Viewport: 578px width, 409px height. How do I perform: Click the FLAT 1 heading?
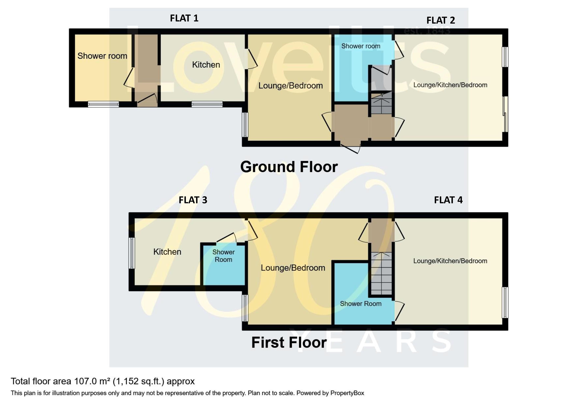point(184,18)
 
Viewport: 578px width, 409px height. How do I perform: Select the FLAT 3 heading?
point(193,200)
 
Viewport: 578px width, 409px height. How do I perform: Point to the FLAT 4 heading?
point(448,200)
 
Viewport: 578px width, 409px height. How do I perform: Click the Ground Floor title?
point(289,167)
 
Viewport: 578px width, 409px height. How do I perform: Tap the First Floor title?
point(289,343)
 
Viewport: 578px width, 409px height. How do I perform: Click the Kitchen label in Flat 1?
point(206,65)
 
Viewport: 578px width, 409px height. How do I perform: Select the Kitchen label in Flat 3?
point(167,252)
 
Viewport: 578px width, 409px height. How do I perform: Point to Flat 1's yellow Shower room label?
point(102,56)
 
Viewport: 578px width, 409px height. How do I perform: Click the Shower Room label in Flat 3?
point(224,256)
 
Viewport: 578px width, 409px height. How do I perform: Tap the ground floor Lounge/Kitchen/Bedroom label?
point(450,85)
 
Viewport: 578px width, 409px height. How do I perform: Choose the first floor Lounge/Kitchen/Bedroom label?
point(450,261)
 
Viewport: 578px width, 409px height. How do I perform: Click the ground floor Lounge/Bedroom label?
point(290,86)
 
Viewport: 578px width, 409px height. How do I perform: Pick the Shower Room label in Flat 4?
point(361,304)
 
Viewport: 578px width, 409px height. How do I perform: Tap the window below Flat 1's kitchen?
point(207,104)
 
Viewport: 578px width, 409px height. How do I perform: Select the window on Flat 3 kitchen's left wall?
point(132,253)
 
